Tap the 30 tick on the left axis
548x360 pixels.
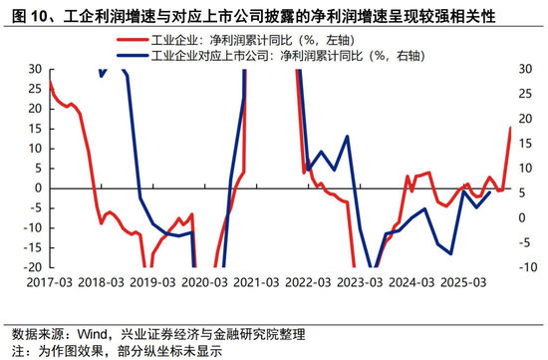[x=34, y=69]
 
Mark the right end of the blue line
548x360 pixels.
[x=488, y=191]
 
